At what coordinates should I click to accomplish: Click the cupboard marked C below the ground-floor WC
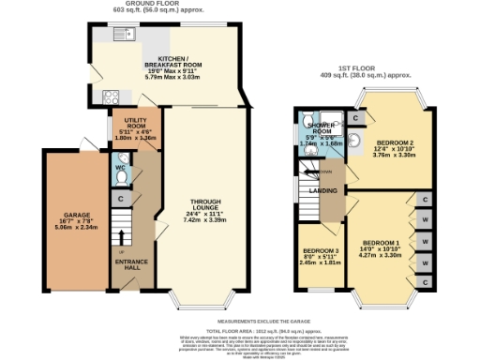pos(122,199)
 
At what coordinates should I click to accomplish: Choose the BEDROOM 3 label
pos(314,252)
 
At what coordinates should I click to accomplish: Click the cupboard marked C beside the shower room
pos(357,118)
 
